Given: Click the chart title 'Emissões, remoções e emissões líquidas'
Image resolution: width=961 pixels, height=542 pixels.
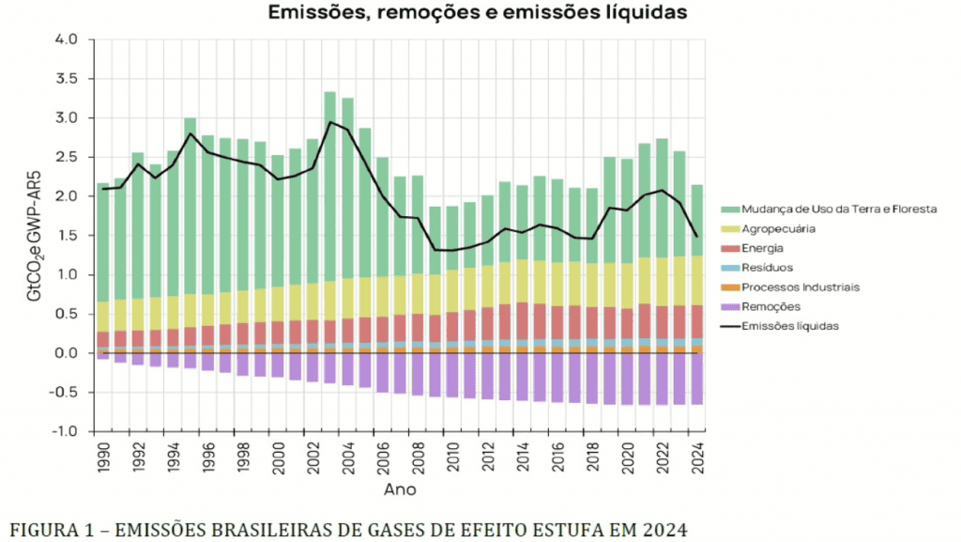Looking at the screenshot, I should (478, 13).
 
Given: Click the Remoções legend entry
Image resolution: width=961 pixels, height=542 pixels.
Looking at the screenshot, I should (770, 306).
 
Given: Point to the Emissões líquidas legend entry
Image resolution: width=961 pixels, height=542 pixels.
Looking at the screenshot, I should (787, 326).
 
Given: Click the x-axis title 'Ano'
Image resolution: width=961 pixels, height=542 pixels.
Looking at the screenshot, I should (399, 489).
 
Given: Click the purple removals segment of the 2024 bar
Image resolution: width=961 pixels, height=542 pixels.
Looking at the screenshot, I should (696, 379).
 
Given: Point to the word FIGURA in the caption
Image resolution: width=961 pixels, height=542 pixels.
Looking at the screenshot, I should (43, 529).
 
